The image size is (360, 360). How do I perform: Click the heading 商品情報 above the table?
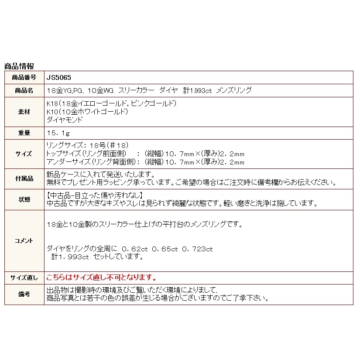(19, 66)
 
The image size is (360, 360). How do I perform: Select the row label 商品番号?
(24, 77)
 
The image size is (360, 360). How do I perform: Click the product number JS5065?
(55, 77)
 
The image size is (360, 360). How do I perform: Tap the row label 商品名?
(24, 90)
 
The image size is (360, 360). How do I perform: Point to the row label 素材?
(24, 112)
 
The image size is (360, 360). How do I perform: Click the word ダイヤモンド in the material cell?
(64, 120)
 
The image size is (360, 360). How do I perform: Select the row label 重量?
(24, 133)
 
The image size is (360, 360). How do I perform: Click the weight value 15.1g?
(57, 133)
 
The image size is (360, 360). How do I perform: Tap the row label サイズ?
(24, 154)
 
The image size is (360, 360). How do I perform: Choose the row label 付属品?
(24, 178)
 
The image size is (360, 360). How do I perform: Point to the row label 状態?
(24, 199)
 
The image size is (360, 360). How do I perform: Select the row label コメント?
(24, 240)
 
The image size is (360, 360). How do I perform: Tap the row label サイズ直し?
(24, 278)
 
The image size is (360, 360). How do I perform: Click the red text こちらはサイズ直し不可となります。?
(101, 278)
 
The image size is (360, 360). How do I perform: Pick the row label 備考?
(24, 295)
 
